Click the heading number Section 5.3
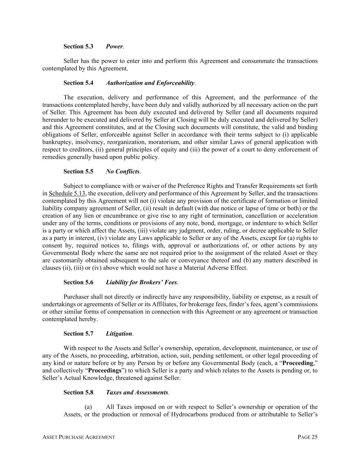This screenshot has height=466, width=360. click(78, 46)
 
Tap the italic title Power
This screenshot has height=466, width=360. click(114, 46)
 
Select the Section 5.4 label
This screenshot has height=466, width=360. click(78, 83)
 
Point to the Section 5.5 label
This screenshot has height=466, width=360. click(78, 171)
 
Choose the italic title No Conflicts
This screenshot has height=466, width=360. click(123, 171)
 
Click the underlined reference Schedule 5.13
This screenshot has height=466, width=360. click(67, 194)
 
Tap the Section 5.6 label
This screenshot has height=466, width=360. click(78, 282)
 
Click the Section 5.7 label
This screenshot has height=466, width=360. click(78, 334)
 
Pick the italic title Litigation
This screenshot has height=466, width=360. click(119, 334)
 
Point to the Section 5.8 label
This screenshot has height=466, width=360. click(78, 392)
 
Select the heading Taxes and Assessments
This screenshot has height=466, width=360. click(137, 392)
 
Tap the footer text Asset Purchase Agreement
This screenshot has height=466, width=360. click(78, 437)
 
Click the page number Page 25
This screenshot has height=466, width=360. click(307, 437)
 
